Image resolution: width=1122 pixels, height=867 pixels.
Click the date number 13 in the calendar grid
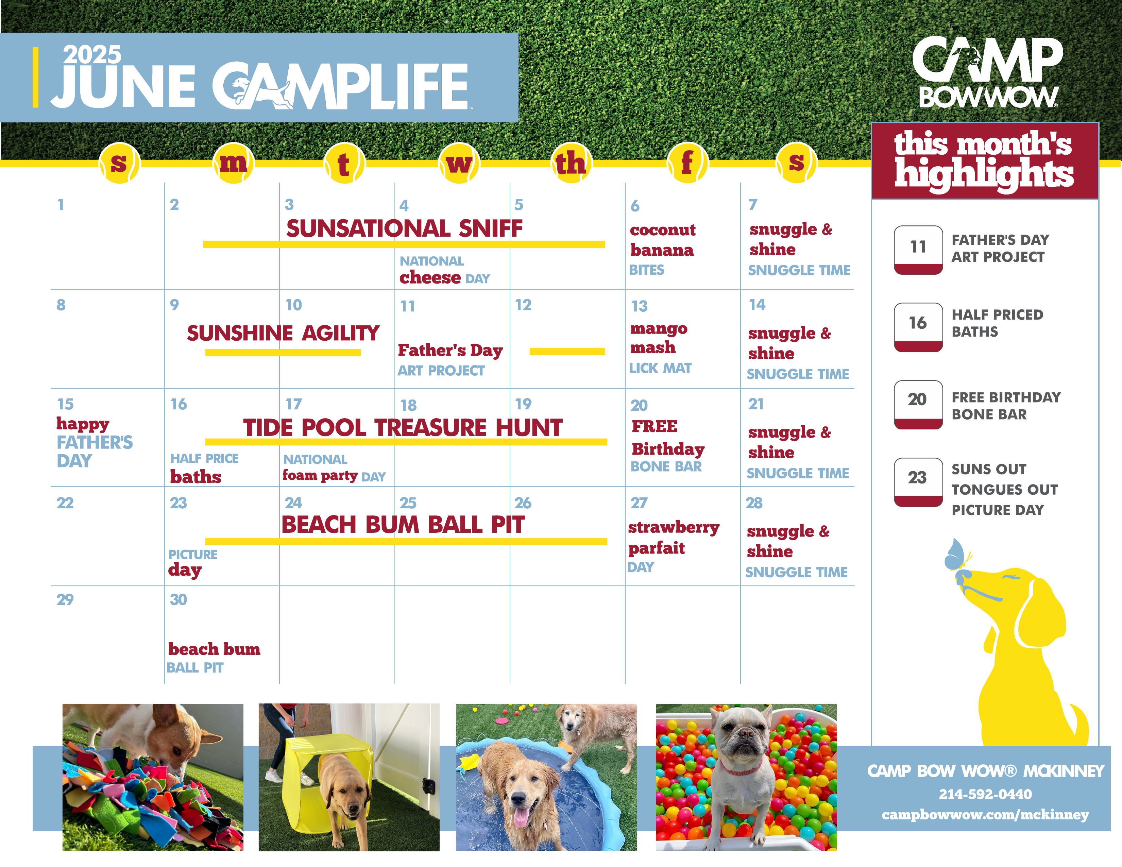point(639,306)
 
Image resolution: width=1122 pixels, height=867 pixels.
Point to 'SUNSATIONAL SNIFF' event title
point(404,228)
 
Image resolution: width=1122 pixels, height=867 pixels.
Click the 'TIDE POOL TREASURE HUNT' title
point(403,427)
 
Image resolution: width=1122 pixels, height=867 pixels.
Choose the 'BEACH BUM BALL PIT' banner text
point(403,524)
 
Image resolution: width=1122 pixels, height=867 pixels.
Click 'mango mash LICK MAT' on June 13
point(661,348)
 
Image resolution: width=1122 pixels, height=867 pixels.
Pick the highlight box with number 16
point(918,327)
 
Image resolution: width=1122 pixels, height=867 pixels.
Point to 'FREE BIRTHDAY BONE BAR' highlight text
point(1006,406)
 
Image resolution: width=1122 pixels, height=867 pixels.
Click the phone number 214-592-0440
point(985,794)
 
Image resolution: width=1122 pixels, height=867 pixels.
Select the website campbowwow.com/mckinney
point(985,815)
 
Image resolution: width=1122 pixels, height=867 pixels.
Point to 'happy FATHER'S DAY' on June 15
point(95,442)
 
